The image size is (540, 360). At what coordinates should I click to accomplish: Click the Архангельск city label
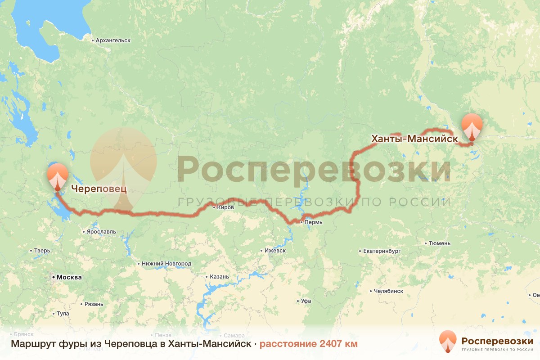pos(113,40)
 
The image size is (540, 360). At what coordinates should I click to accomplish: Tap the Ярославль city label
pos(101,232)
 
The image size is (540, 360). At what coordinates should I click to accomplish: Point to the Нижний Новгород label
pos(166,264)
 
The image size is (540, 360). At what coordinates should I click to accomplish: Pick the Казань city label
pos(219,277)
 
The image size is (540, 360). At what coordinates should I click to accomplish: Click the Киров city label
pos(225,207)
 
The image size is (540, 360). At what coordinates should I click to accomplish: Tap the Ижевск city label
pos(275,251)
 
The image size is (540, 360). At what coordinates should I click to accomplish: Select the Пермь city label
pos(314,222)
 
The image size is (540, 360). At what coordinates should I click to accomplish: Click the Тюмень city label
pos(439,243)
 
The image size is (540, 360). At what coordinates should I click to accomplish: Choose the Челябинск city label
pos(388,291)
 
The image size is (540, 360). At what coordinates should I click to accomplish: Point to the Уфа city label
pos(306,301)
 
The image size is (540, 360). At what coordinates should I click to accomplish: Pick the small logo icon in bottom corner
pos(448,342)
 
